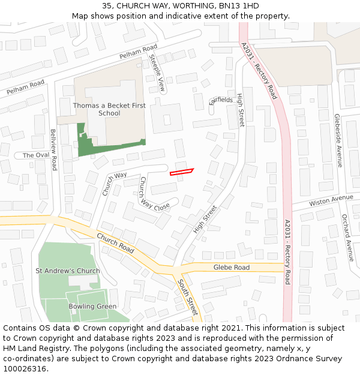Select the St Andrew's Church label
pyautogui.click(x=67, y=271)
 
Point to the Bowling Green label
pyautogui.click(x=92, y=307)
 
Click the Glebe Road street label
pyautogui.click(x=232, y=267)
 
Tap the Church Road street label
pyautogui.click(x=115, y=242)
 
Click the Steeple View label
pyautogui.click(x=157, y=73)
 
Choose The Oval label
pyautogui.click(x=36, y=155)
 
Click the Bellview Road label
pyautogui.click(x=53, y=149)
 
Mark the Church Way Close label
pyautogui.click(x=154, y=193)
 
